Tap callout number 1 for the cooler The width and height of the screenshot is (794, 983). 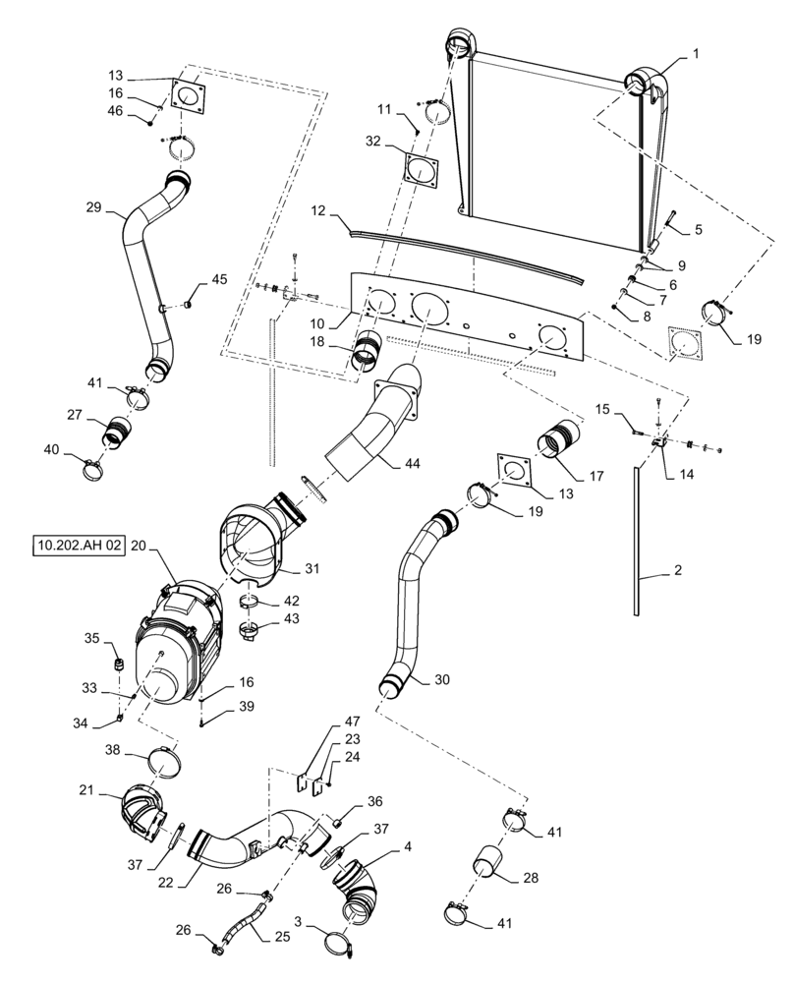click(x=696, y=56)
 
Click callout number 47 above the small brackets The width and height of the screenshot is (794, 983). click(x=325, y=721)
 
